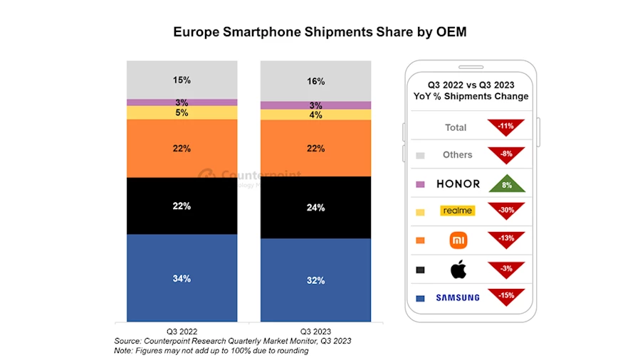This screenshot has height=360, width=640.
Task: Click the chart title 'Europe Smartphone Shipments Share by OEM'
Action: pos(320,33)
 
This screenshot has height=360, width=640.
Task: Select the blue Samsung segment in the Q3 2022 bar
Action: pos(182,277)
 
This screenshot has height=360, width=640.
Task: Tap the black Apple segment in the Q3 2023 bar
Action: pos(315,207)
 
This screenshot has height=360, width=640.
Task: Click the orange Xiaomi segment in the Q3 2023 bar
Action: pos(315,149)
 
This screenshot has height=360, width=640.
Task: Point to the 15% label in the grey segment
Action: pos(182,80)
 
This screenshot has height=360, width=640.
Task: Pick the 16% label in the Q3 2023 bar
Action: pos(315,81)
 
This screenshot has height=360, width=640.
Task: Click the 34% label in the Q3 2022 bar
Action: pos(182,278)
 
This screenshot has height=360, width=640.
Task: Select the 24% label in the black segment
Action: pos(315,208)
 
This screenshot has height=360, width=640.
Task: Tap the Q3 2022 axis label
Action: pos(182,332)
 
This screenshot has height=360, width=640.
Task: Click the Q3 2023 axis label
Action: pos(315,332)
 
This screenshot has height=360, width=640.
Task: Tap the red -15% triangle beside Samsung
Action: pos(506,295)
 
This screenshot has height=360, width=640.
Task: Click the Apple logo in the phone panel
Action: pos(458,269)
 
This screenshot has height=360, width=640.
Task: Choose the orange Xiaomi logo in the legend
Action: pos(458,240)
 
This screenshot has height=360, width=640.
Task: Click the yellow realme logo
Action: pos(458,211)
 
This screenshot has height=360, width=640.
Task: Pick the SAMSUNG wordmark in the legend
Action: pos(458,297)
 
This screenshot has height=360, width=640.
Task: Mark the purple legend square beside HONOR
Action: pos(420,184)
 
